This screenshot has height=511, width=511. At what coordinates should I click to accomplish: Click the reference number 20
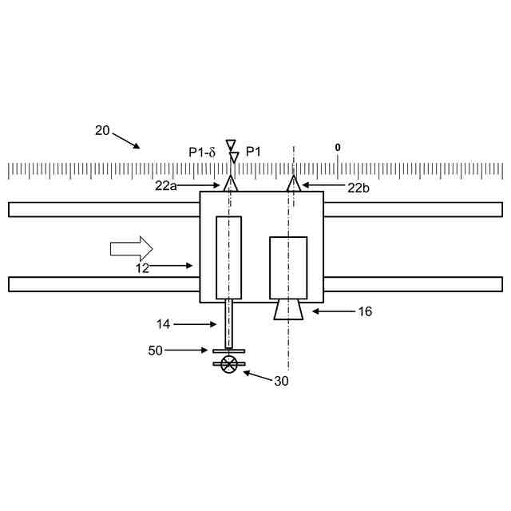(x=102, y=131)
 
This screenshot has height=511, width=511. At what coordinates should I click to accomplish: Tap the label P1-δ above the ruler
(x=202, y=153)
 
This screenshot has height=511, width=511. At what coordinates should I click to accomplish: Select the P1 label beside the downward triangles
(x=253, y=152)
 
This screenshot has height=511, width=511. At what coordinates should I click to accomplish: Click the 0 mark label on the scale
(x=338, y=148)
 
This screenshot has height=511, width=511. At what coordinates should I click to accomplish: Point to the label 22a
(x=166, y=186)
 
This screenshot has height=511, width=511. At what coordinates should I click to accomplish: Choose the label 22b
(x=358, y=188)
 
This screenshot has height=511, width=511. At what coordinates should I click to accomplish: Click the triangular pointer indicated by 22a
(x=231, y=183)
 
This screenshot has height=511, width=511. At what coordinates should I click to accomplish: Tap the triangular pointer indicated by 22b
(x=294, y=183)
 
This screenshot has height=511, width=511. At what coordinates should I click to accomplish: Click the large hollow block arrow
(x=131, y=248)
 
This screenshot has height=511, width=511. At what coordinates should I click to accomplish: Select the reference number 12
(x=142, y=268)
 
